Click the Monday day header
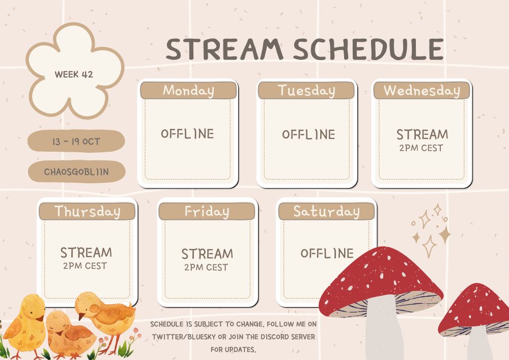click(188, 90)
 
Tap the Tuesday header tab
click(306, 90)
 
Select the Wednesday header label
click(421, 90)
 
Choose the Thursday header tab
click(87, 211)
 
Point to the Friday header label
click(207, 211)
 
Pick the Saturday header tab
click(327, 211)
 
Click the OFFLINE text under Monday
click(187, 134)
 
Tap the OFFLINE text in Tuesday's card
click(308, 134)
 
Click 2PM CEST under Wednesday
click(421, 148)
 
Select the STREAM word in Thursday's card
click(86, 253)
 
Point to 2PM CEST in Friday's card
click(206, 267)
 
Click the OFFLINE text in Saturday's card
click(327, 253)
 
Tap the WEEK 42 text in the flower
click(74, 75)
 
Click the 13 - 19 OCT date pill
click(76, 141)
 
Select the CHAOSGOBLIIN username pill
click(77, 172)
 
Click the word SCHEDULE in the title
click(369, 49)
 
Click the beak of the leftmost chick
click(40, 318)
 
